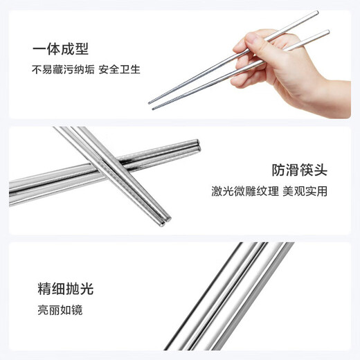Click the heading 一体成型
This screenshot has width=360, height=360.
pos(60,48)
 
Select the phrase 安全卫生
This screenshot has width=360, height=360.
pos(119,69)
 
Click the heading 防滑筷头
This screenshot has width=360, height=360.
pos(299,170)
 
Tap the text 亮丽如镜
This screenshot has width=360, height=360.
pos(60,310)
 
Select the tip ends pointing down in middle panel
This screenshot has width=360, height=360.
pos(166,217)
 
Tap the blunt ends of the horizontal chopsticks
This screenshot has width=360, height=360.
pos(198,146)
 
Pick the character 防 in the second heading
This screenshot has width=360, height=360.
pos(279,170)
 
